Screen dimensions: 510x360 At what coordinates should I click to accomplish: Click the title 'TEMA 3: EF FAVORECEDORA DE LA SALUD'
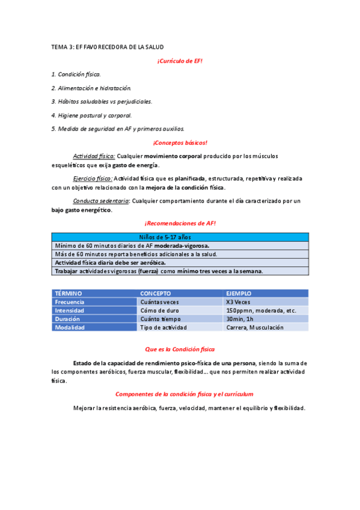[108, 47]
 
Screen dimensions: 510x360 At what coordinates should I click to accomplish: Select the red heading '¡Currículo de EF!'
[180, 61]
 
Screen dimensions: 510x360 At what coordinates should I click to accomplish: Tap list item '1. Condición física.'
[76, 74]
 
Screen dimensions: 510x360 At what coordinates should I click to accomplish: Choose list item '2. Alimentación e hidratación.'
[91, 88]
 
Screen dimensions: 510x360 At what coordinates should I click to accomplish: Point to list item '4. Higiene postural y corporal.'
[91, 115]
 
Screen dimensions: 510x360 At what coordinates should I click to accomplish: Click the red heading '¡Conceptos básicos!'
[180, 143]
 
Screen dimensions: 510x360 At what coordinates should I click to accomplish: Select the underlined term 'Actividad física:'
[94, 156]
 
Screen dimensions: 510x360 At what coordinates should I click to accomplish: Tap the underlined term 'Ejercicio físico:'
[93, 179]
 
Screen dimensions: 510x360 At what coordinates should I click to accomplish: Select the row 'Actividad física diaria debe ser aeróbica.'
[111, 263]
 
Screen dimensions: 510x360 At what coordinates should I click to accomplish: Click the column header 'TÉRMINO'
[69, 293]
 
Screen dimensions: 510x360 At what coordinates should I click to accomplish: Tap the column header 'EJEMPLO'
[239, 293]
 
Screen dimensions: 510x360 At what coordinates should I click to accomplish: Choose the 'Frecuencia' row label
[70, 302]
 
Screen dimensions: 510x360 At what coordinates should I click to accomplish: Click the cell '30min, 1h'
[240, 319]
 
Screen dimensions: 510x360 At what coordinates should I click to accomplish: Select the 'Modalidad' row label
[70, 328]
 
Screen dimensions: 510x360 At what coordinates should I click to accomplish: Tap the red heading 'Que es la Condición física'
[180, 349]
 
